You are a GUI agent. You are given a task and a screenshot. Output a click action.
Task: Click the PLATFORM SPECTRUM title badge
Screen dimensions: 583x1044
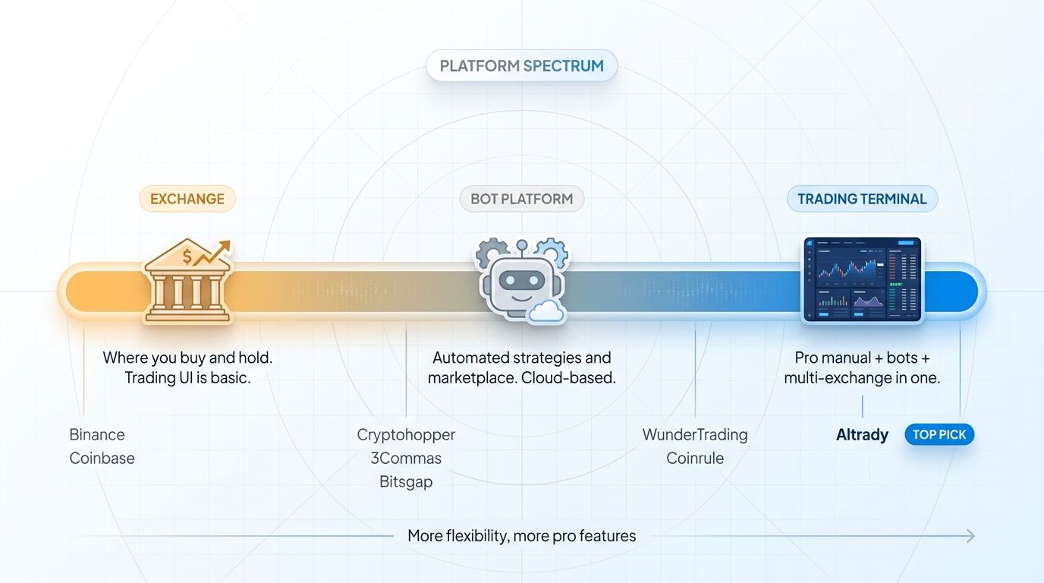(522, 66)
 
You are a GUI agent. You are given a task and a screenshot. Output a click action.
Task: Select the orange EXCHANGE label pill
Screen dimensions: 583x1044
(187, 199)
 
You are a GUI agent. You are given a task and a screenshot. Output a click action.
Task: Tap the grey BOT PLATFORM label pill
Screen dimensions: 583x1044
(522, 199)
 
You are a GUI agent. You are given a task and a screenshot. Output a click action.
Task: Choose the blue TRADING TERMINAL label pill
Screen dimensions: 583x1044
(862, 199)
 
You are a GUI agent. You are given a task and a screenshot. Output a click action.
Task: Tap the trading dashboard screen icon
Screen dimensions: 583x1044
(862, 279)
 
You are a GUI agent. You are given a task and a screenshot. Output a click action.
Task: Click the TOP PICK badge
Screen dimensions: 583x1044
(939, 435)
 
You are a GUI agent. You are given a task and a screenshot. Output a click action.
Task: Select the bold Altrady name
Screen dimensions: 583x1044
(862, 435)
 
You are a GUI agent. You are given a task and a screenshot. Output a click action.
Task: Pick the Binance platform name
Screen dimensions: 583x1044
(97, 435)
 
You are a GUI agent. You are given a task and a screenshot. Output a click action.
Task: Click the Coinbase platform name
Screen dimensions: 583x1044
(102, 459)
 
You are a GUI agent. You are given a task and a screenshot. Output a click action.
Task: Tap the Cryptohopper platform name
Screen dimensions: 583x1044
(406, 435)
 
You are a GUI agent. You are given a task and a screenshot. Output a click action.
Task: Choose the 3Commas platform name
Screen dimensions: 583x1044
(406, 459)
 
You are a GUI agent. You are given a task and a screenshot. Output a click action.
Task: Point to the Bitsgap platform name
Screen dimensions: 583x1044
(406, 482)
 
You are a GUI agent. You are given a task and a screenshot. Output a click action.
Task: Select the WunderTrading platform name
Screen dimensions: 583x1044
(695, 435)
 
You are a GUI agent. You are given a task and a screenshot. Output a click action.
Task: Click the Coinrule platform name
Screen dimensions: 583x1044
(695, 459)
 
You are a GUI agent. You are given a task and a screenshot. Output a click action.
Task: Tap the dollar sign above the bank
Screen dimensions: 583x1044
(186, 256)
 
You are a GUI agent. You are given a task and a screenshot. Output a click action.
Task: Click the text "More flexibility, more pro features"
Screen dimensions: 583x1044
(522, 536)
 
